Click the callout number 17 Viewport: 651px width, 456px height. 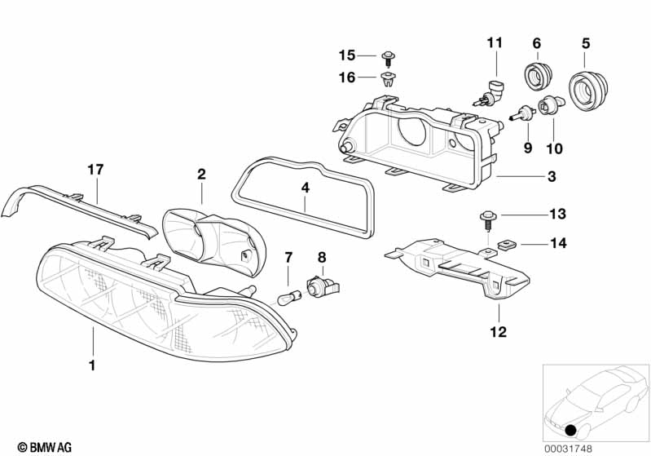[95, 170]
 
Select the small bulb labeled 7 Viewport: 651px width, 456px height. [288, 299]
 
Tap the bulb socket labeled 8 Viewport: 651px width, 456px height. [323, 286]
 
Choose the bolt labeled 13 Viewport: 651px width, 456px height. [489, 220]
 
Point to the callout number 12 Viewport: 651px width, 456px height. [498, 332]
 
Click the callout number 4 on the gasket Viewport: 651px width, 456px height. [306, 188]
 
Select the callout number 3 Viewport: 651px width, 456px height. [552, 176]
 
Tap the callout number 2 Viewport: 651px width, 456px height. [201, 174]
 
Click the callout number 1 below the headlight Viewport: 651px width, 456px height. [92, 365]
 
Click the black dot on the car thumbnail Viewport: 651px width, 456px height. [572, 430]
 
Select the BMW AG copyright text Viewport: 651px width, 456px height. [45, 447]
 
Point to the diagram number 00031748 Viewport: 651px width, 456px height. [569, 449]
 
